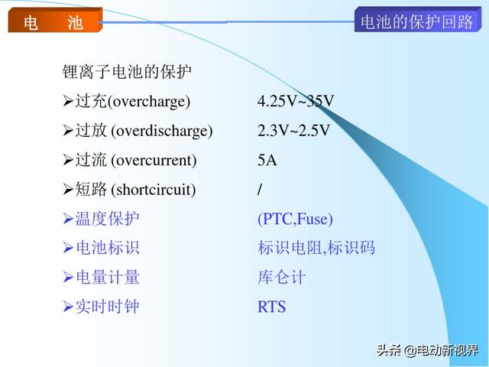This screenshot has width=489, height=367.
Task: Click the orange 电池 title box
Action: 55,21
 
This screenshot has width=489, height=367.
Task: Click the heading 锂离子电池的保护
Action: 127,72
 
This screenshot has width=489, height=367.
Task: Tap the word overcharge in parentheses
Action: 149,102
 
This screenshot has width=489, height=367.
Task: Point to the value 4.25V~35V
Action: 296,101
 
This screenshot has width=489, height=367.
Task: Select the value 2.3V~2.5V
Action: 293,130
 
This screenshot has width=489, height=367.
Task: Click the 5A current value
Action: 267,160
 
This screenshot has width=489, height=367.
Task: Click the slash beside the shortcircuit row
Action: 260,189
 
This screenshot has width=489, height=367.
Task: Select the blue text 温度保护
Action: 107,218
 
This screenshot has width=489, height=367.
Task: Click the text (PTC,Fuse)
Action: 295,219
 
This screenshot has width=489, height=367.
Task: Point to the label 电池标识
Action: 107,248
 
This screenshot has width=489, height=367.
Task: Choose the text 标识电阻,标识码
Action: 316,248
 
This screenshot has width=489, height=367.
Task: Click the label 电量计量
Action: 107,277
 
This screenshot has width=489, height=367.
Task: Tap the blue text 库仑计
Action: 282,277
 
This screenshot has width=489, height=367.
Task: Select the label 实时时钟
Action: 107,307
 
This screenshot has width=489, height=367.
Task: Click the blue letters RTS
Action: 271,307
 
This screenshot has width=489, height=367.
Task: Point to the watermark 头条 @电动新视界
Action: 427,350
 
